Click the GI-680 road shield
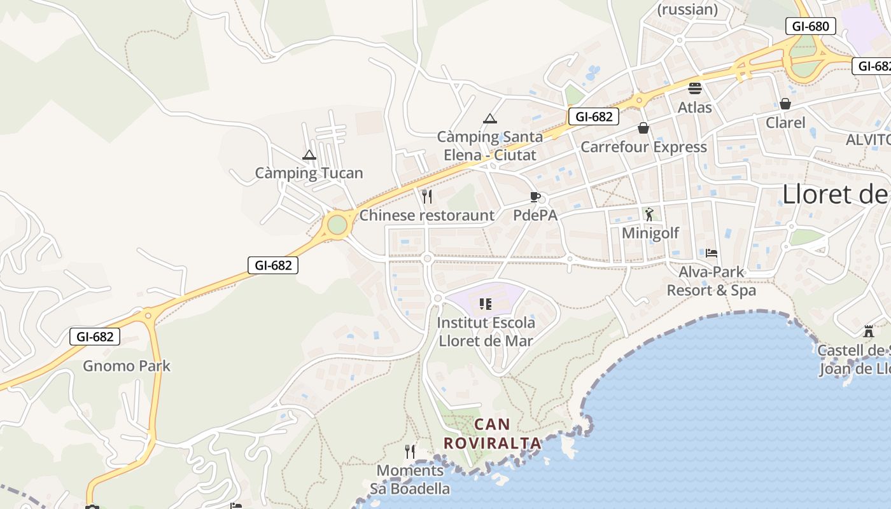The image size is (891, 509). (810, 26)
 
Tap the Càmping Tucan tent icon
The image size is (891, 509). (309, 155)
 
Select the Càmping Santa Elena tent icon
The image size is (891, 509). (489, 118)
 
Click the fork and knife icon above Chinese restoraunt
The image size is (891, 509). (427, 196)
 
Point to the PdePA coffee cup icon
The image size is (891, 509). (535, 197)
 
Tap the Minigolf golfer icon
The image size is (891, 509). (649, 214)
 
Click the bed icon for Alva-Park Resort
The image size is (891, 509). (712, 253)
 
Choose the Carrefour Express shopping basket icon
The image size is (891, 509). (643, 128)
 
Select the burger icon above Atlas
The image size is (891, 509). (695, 88)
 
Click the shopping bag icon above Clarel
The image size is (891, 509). (785, 104)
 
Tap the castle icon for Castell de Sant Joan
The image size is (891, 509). (868, 331)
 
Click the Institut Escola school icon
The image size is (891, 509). (486, 304)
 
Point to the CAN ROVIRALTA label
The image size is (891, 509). (492, 433)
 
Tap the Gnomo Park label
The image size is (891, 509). (127, 366)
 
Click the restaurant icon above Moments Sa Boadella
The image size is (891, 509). (410, 452)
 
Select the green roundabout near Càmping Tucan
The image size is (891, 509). (337, 225)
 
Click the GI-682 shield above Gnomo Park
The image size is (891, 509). (95, 337)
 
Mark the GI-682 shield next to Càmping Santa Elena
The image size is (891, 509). (594, 116)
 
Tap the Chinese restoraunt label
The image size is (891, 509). (426, 216)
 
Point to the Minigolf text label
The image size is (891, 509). (650, 233)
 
